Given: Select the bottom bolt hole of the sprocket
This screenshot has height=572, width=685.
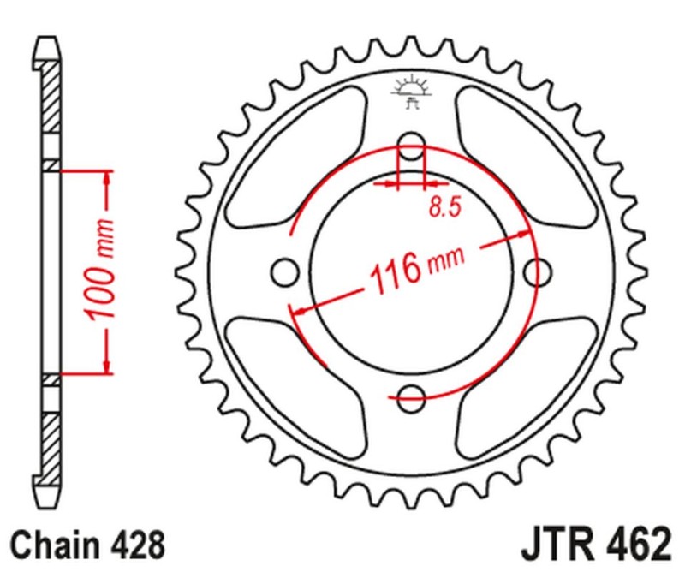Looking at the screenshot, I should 412,396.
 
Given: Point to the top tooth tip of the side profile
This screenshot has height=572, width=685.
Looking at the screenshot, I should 49,41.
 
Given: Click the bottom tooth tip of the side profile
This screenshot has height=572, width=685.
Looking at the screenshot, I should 49,504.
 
